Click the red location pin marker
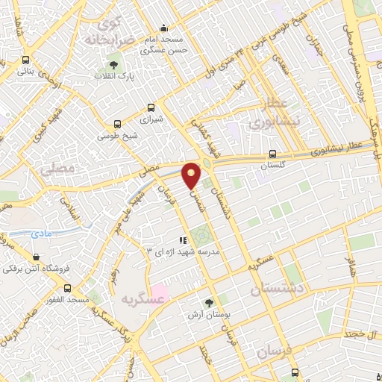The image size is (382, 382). pos(192,175)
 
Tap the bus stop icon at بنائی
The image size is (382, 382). pos(26,60)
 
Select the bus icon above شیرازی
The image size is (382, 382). pos(152,107)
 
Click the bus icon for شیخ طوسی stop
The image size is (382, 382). pos(117,125)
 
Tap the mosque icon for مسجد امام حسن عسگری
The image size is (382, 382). pos(164,28)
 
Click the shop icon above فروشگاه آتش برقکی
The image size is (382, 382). pos(35,257)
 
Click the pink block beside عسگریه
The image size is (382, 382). pos(158,292)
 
